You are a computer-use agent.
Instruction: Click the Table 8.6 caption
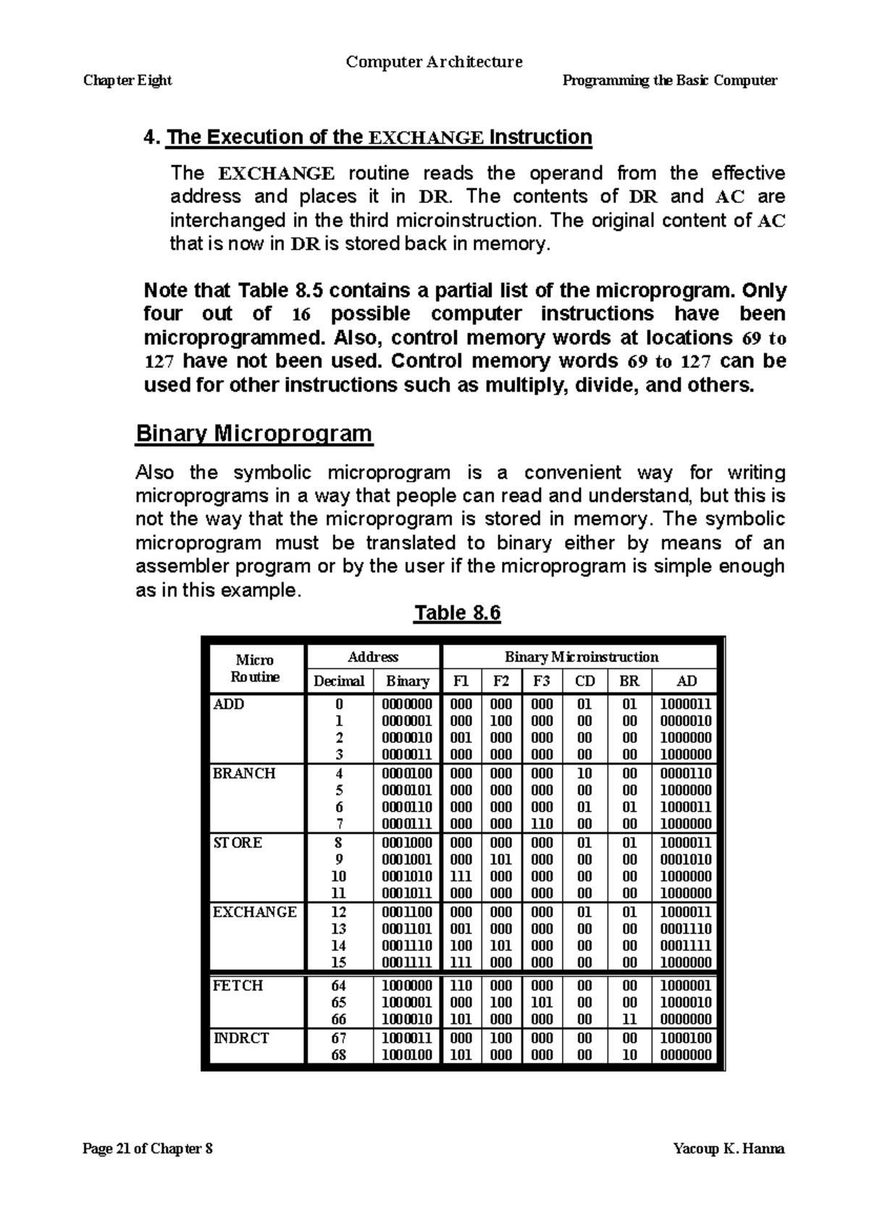457,613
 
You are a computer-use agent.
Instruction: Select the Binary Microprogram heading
254,434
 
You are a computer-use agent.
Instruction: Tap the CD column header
584,681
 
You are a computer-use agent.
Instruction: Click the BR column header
629,681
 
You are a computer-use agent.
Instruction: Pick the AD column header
686,681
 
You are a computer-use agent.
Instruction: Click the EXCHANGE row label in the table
254,912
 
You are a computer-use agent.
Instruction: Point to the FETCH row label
238,985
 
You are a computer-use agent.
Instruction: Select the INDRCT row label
240,1038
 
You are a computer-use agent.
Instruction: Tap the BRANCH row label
244,773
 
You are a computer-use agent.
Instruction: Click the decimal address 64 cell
338,985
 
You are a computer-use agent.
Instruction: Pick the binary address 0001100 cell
407,912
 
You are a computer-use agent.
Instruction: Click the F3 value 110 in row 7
542,824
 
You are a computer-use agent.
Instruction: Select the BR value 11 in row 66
629,1019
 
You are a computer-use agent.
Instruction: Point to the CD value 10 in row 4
584,773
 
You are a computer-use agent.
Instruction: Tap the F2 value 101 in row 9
501,859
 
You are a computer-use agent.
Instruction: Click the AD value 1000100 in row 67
686,1038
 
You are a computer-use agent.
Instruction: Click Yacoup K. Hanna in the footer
729,1149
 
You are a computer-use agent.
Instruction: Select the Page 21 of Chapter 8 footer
148,1149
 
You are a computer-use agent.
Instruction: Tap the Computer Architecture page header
434,62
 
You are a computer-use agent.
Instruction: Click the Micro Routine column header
255,668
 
